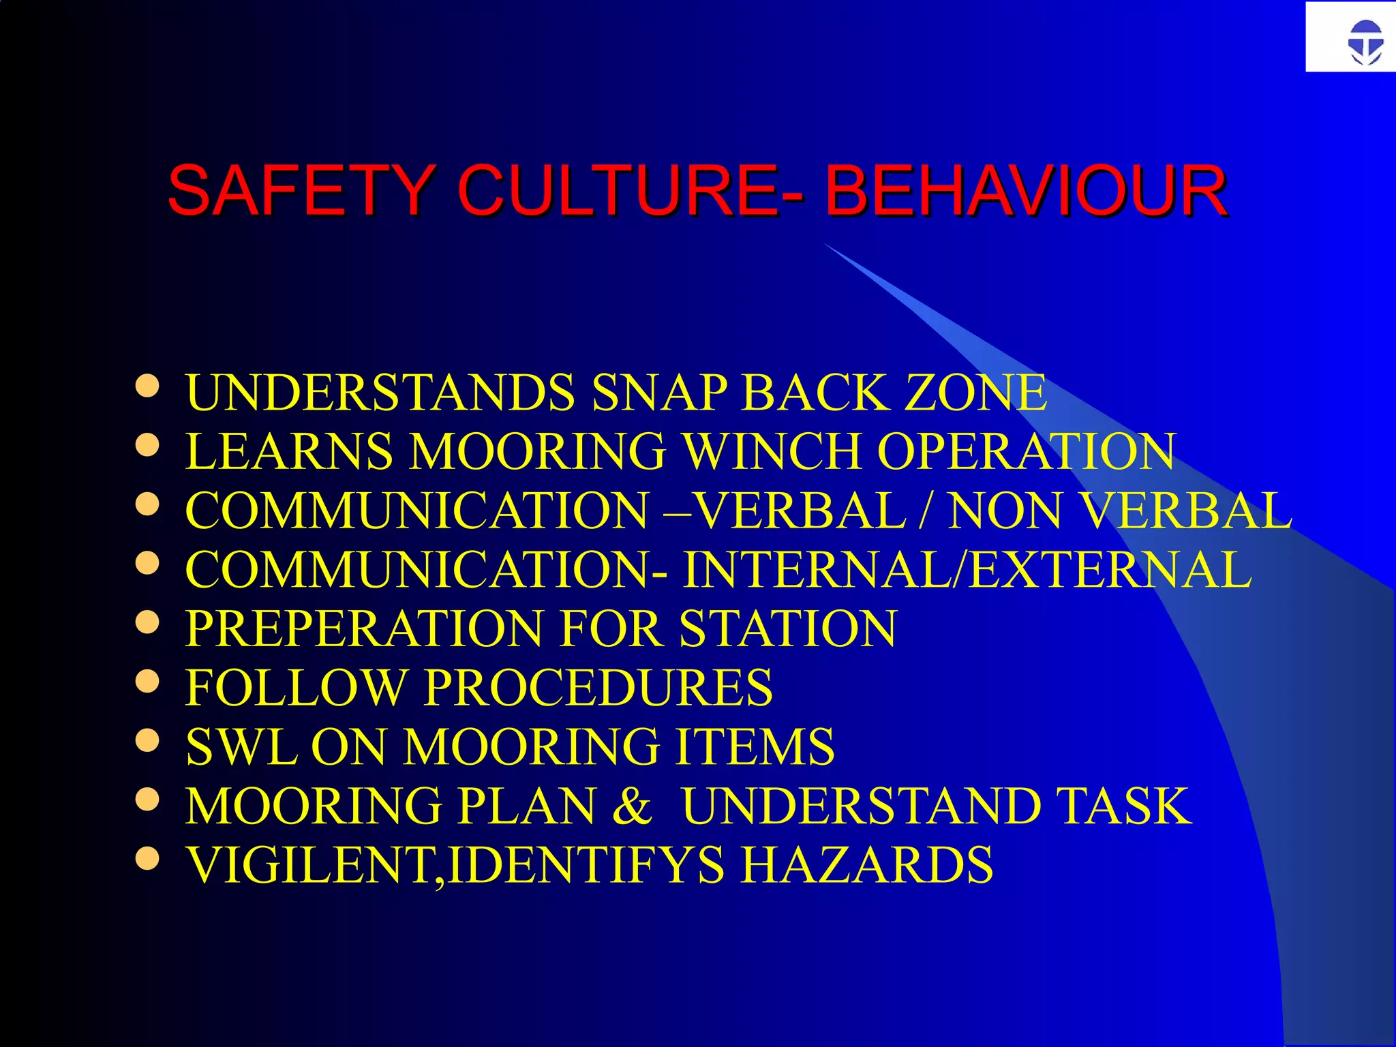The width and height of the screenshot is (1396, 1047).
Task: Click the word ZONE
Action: pos(975,393)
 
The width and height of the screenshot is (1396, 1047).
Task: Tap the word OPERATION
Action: pos(1026,451)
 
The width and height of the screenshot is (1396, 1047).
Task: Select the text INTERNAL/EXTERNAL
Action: pos(967,570)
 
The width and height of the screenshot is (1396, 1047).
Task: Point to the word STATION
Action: pos(787,628)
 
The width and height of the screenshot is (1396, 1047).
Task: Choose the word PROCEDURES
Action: pos(598,688)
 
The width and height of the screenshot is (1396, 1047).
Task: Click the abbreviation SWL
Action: pos(241,747)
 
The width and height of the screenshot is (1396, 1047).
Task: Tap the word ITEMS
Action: pos(755,747)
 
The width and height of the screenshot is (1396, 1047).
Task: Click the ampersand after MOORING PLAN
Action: pos(632,806)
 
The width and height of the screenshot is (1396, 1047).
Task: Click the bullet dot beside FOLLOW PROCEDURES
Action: pos(147,681)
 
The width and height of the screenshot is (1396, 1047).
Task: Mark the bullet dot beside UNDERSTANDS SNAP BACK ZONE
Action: pos(147,386)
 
